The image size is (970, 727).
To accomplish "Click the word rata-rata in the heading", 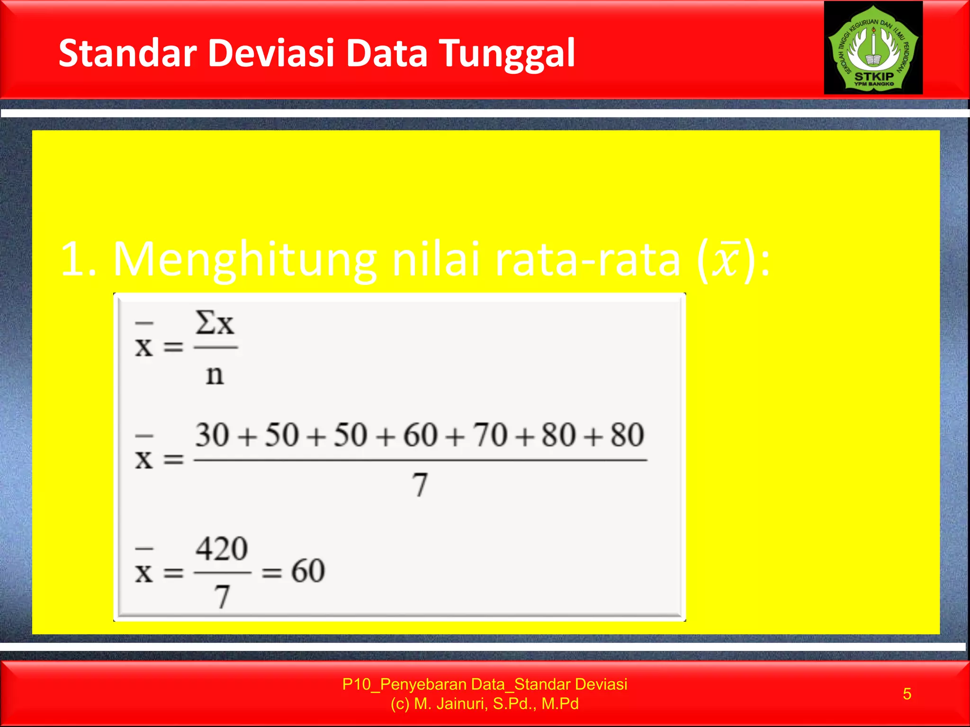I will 587,260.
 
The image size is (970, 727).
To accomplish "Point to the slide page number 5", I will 907,694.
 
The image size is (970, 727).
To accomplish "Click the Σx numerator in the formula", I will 215,324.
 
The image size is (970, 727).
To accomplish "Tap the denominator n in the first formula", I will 215,375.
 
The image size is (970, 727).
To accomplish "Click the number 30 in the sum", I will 213,435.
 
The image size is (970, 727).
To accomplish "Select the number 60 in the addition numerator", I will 420,435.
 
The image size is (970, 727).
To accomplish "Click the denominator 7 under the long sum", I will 420,485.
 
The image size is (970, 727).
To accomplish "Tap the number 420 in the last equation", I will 222,549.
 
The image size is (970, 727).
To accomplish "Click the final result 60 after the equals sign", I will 308,571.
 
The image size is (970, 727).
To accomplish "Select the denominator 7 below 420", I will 222,596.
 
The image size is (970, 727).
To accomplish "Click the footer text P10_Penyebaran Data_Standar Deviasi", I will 485,684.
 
